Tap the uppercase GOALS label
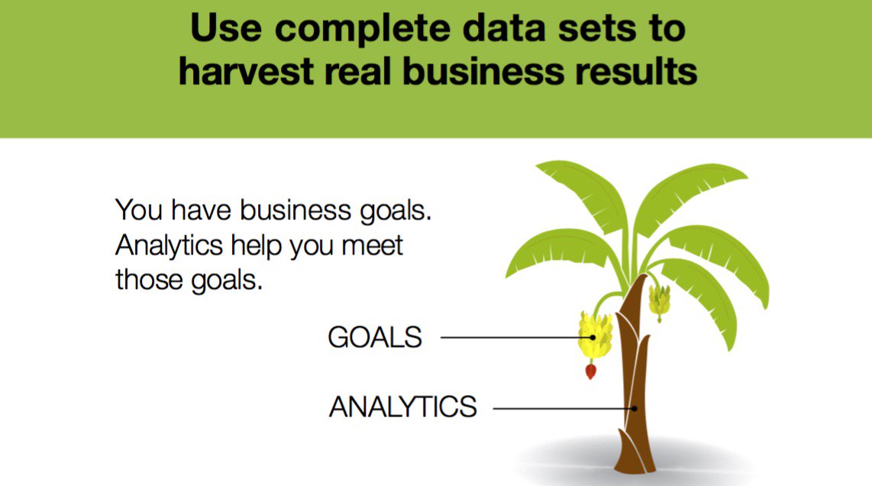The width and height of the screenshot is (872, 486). point(375,337)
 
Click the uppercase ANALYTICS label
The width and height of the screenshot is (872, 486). point(402,407)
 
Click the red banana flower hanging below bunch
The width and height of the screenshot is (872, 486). point(590,371)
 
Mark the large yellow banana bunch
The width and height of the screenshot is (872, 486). point(595,335)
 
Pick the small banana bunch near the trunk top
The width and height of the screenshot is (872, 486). point(659,300)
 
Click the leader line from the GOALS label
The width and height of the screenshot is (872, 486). point(512,337)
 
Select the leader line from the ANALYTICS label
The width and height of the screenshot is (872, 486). point(562,408)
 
